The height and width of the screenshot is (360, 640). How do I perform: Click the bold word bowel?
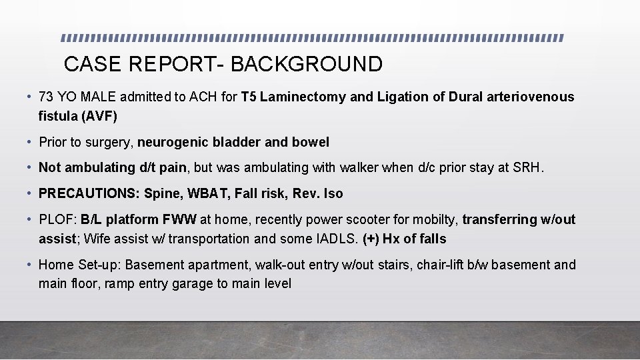click(311, 143)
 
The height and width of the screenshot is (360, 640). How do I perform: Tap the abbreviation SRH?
click(528, 168)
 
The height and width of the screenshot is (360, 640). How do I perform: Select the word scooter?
click(345, 220)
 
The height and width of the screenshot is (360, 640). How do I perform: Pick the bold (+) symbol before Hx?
click(372, 239)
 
